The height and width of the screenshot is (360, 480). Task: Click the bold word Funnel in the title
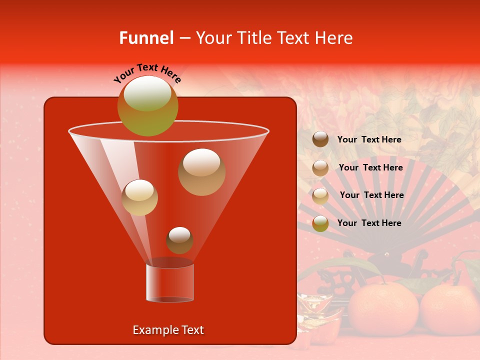[x=146, y=38]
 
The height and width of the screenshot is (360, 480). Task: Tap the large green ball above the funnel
[x=148, y=105]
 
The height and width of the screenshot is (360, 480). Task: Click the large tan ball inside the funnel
[x=202, y=171]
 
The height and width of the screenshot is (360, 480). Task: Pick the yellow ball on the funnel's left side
[x=139, y=197]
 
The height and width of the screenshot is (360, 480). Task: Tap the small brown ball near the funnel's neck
[x=179, y=240]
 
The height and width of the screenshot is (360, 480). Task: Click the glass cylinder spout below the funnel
[x=170, y=282]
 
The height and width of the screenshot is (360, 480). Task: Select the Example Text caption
[x=168, y=330]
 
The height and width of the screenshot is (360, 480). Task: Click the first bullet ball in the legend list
[x=320, y=139]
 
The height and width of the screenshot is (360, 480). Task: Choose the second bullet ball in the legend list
[x=320, y=168]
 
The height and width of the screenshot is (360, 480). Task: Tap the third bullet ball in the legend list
[x=320, y=195]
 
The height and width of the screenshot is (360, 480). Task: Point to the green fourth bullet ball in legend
[x=320, y=223]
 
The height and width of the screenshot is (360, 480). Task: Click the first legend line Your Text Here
[x=369, y=140]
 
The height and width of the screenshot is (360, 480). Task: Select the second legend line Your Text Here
[x=370, y=168]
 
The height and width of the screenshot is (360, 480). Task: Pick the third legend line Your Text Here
[x=371, y=195]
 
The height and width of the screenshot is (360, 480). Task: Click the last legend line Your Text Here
[x=369, y=223]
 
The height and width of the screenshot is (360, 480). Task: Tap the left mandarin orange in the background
[x=383, y=310]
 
